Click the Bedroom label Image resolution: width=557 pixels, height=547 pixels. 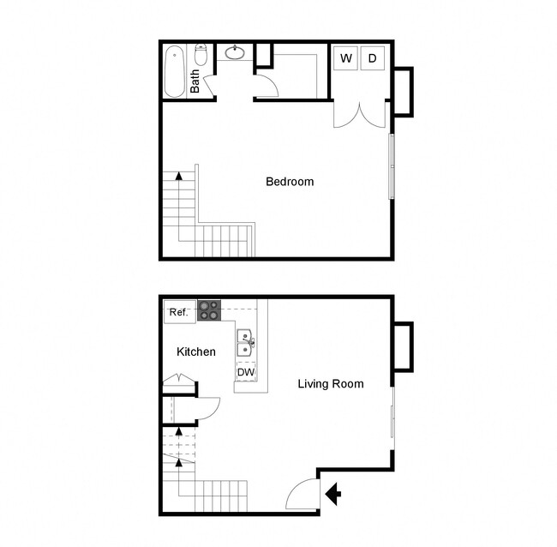(290, 182)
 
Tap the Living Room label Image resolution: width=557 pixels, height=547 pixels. (330, 383)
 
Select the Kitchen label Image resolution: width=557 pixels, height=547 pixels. (196, 352)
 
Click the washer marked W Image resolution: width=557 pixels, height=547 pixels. (346, 58)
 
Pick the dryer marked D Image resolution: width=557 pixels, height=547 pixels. (373, 58)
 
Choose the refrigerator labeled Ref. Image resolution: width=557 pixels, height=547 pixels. (179, 312)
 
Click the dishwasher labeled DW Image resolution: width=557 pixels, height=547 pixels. (246, 373)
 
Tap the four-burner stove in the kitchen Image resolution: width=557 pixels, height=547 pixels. (209, 310)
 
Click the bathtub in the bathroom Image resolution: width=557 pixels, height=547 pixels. (175, 70)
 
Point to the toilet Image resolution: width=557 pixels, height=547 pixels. (201, 56)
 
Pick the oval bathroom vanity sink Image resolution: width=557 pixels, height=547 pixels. (236, 53)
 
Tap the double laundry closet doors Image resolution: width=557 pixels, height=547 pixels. (361, 114)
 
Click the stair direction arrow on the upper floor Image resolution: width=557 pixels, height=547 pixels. (178, 177)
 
